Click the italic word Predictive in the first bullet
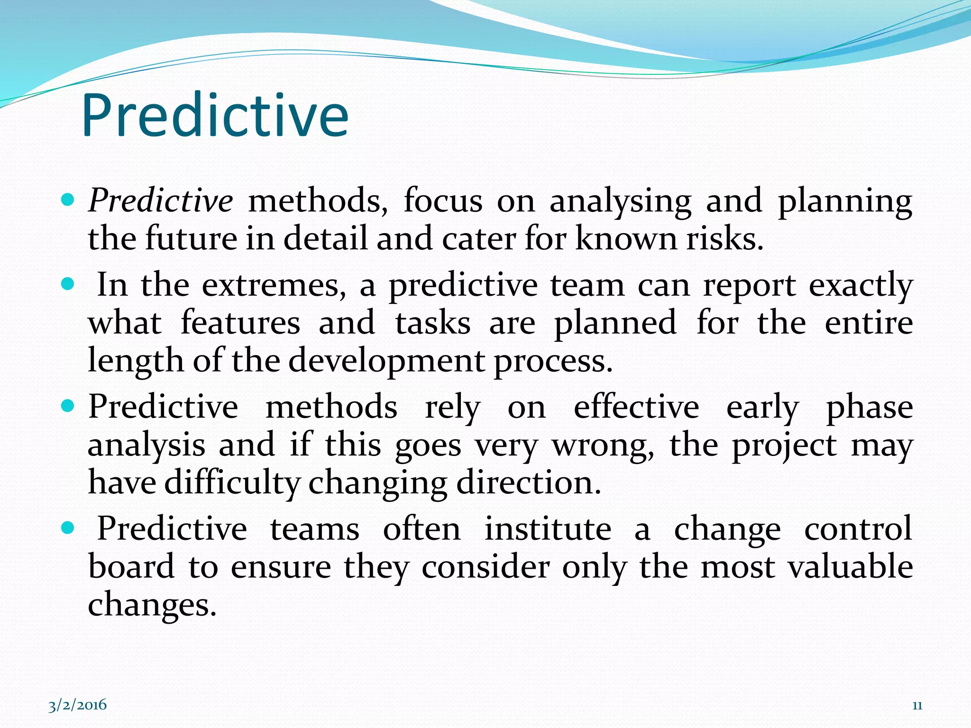tap(160, 201)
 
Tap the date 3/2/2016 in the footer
tap(78, 705)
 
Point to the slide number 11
tap(917, 705)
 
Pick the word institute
tap(548, 529)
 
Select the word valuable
tap(851, 567)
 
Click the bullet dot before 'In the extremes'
tap(69, 284)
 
